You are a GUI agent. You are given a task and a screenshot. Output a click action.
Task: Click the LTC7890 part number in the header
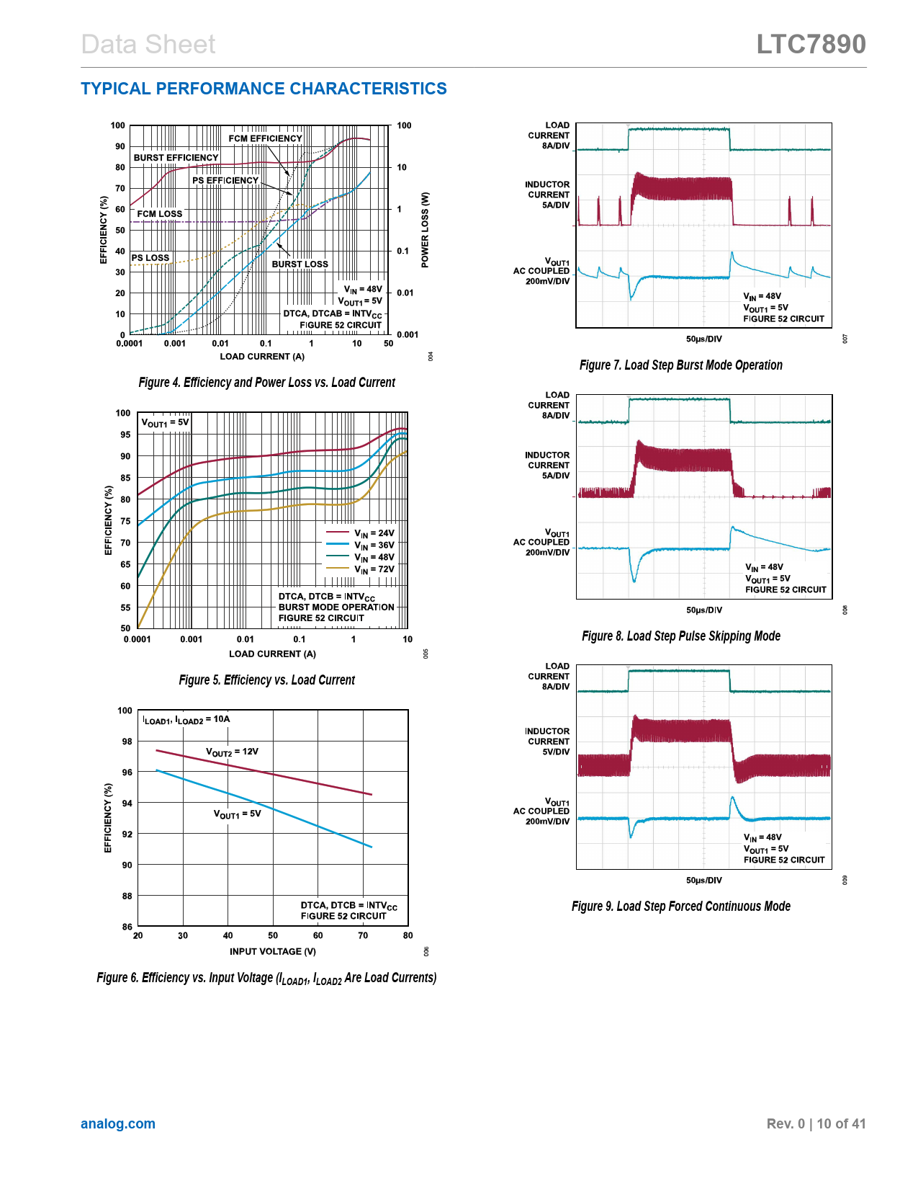click(811, 45)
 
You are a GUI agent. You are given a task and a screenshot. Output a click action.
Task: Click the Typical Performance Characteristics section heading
click(264, 89)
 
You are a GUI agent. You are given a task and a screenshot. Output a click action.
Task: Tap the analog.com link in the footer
click(118, 1123)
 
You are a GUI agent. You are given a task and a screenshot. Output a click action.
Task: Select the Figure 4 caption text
click(266, 383)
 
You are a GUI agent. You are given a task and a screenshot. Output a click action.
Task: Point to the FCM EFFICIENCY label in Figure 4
click(265, 138)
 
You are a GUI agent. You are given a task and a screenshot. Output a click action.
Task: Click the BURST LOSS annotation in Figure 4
click(300, 264)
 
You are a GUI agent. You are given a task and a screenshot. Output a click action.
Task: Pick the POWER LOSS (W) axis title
click(425, 230)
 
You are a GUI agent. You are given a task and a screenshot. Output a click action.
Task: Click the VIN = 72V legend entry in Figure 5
click(374, 569)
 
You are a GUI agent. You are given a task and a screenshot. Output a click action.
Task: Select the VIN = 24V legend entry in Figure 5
click(374, 533)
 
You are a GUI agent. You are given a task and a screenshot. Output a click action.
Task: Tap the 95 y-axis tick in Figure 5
click(126, 435)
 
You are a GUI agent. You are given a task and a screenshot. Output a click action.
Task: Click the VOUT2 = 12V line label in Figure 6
click(232, 752)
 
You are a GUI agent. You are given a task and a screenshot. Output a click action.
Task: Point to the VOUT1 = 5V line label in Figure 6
click(237, 814)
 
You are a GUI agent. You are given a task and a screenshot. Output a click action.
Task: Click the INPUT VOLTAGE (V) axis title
click(273, 951)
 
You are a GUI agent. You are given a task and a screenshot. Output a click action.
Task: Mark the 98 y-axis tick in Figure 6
click(127, 742)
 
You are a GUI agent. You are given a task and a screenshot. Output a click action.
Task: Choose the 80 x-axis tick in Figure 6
click(408, 935)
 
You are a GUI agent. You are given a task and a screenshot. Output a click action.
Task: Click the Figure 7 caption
click(680, 365)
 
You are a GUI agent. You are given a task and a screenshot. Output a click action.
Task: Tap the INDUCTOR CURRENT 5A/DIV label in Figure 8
click(547, 466)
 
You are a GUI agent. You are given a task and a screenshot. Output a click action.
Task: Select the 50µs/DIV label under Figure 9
click(703, 880)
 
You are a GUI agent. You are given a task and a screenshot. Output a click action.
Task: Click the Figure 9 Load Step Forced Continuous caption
click(680, 907)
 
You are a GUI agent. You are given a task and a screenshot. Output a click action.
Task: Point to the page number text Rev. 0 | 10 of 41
click(816, 1123)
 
